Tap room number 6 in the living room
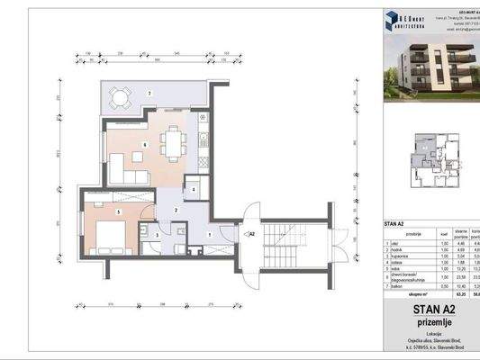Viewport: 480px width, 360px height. point(145,144)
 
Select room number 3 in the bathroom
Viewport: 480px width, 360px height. point(158,236)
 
